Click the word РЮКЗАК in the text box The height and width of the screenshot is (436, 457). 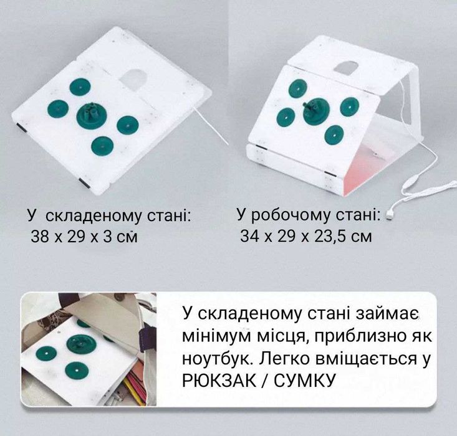coord(219,380)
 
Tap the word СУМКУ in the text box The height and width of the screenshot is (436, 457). coord(305,380)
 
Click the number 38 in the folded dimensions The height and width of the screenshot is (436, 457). coord(40,236)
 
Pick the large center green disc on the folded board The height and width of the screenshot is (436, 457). coord(92,116)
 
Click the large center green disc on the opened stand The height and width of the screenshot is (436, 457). coord(315,110)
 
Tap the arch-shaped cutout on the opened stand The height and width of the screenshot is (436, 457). coord(345,67)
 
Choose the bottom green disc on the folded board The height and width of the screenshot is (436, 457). coord(102,146)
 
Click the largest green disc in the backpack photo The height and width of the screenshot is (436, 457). coord(80,344)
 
